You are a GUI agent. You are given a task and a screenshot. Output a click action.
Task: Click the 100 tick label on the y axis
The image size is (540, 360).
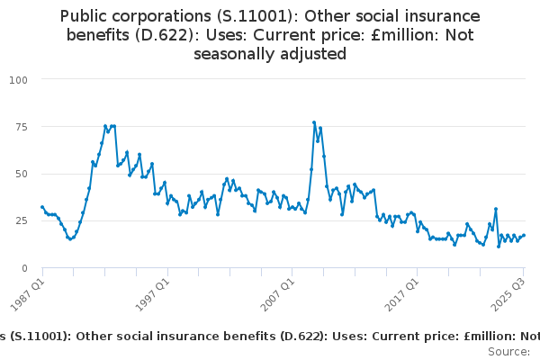pos(18,80)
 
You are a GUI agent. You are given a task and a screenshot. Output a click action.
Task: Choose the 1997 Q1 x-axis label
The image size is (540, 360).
pos(152,292)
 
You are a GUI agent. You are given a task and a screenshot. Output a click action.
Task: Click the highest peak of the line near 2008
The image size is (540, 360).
pos(314,122)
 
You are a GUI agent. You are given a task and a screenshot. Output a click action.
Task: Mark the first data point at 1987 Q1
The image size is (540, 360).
pos(42,207)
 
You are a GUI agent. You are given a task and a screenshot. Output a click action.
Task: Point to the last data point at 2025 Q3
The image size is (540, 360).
pos(524,236)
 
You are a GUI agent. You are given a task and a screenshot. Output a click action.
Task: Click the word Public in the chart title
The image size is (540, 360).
pos(86,16)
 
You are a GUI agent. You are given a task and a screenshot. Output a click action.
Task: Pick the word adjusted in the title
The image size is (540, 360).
pos(311,54)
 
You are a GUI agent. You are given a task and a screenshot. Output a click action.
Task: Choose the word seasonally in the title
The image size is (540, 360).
pos(232,54)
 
